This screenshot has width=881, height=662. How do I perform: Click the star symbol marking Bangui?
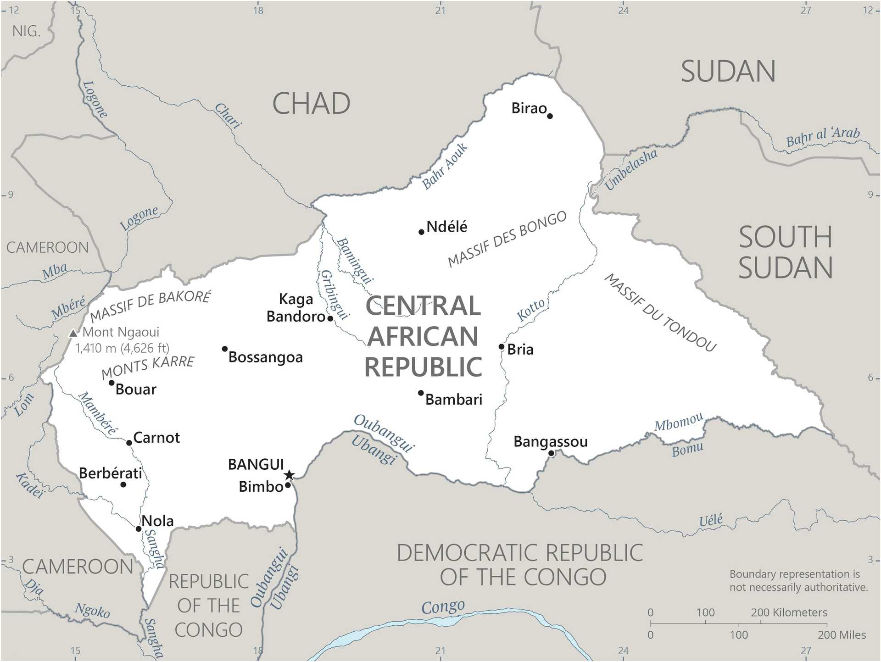pyautogui.click(x=289, y=475)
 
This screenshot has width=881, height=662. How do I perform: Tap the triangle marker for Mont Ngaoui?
pyautogui.click(x=72, y=333)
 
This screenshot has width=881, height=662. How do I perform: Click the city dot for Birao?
pyautogui.click(x=550, y=116)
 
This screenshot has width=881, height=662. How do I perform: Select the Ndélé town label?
pyautogui.click(x=446, y=227)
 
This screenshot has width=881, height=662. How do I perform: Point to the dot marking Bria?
pyautogui.click(x=502, y=346)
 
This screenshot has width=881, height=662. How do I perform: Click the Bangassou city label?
pyautogui.click(x=550, y=442)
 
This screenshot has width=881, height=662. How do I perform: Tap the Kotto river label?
pyautogui.click(x=531, y=310)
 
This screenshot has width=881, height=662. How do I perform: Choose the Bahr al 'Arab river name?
pyautogui.click(x=823, y=136)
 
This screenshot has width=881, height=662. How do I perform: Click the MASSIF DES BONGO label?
pyautogui.click(x=507, y=239)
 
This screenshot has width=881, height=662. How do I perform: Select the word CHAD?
pyautogui.click(x=311, y=104)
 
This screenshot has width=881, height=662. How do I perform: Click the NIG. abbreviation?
pyautogui.click(x=26, y=31)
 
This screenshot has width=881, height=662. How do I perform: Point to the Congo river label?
pyautogui.click(x=443, y=606)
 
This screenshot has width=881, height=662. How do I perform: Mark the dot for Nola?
pyautogui.click(x=139, y=529)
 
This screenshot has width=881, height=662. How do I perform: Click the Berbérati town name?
pyautogui.click(x=111, y=473)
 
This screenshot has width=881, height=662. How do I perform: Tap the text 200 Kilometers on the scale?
pyautogui.click(x=789, y=612)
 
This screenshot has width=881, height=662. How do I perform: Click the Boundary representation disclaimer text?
pyautogui.click(x=798, y=580)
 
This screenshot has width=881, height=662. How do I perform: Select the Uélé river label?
pyautogui.click(x=711, y=520)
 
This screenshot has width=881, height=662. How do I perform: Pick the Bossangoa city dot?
pyautogui.click(x=225, y=349)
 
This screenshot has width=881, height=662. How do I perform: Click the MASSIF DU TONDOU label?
pyautogui.click(x=660, y=313)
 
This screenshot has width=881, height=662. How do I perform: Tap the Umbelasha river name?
pyautogui.click(x=631, y=169)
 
